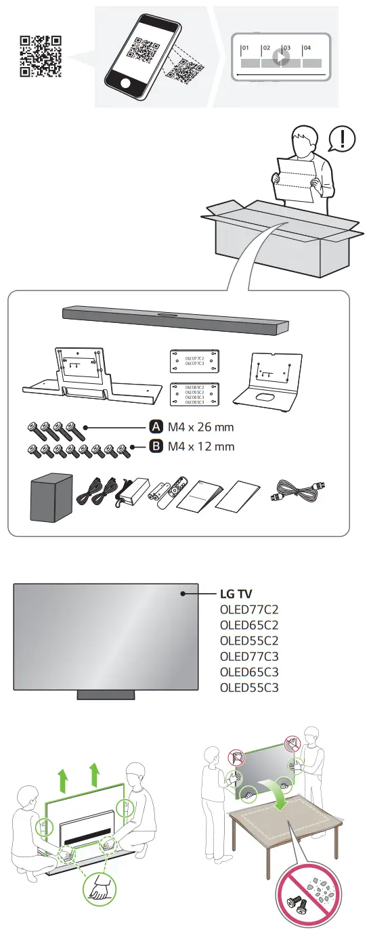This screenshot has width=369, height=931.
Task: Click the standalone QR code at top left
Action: (41, 56)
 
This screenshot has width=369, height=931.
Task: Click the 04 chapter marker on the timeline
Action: (308, 49)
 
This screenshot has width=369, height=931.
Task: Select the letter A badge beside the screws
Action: (155, 427)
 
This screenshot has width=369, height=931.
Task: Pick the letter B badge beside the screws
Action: (155, 446)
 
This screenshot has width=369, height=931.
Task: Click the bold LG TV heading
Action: (236, 594)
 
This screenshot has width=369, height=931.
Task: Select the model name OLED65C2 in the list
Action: (249, 625)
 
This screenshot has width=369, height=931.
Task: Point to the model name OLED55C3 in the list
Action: (249, 688)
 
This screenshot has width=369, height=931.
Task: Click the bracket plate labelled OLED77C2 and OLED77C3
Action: (194, 360)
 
